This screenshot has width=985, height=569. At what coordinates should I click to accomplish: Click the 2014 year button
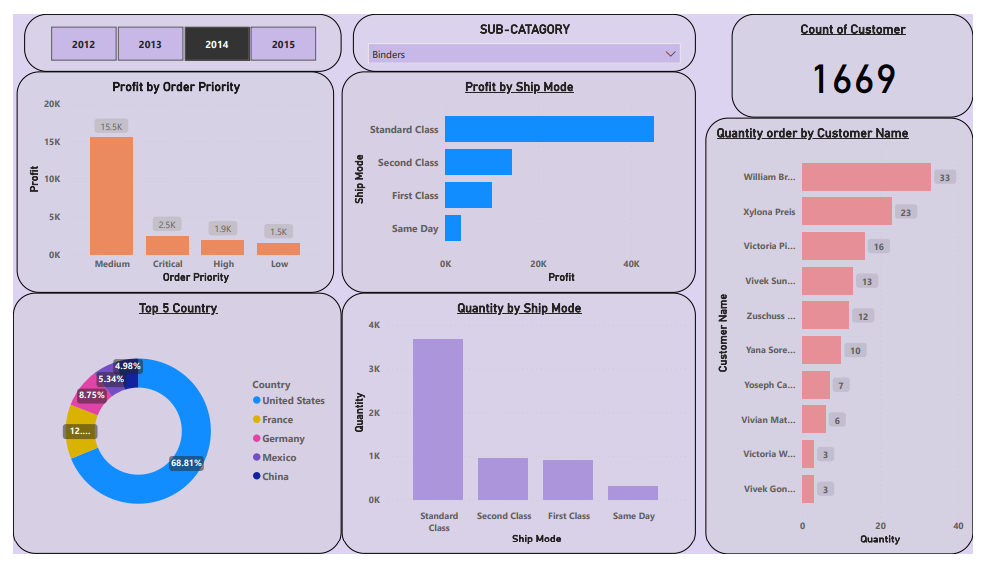point(217,44)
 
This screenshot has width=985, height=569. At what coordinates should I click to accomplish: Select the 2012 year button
point(83,44)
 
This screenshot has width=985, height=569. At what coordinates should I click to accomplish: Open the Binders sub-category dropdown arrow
point(670,54)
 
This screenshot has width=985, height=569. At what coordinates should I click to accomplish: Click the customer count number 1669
point(852,79)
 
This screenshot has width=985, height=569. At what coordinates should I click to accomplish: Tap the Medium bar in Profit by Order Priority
point(111,196)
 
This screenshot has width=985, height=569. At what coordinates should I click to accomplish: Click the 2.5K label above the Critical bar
point(167,225)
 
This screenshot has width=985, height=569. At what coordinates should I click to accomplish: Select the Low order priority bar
point(278,249)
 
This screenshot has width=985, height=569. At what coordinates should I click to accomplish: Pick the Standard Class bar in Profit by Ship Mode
point(549,129)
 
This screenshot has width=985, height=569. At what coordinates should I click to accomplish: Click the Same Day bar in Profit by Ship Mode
point(453,228)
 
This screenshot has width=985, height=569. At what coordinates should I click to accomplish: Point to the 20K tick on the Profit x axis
point(538,264)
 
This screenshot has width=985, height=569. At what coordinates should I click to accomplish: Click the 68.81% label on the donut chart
point(186,463)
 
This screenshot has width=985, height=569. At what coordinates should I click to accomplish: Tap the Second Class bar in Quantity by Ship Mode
point(503,479)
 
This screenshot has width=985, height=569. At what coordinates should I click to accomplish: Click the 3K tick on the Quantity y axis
point(374,369)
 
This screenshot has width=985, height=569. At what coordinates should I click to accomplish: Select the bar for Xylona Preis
point(846,211)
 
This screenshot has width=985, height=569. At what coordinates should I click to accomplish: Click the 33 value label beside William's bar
point(945,177)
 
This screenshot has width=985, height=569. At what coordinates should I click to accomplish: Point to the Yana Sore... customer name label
point(771,350)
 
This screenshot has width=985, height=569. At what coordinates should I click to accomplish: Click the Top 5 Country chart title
point(178,308)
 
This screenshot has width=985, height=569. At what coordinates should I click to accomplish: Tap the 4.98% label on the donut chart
point(128,366)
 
